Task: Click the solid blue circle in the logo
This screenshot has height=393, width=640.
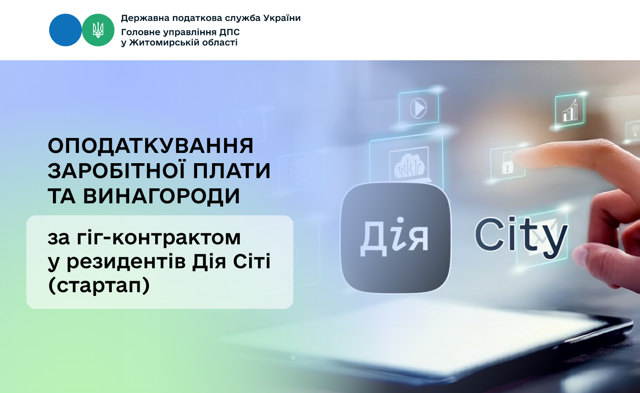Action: [65, 30]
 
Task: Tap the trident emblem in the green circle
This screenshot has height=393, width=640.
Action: [98, 30]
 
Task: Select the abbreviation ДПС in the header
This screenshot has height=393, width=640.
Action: [230, 32]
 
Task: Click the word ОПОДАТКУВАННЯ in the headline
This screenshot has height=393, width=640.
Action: [151, 146]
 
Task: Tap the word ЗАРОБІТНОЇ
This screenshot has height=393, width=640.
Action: [116, 170]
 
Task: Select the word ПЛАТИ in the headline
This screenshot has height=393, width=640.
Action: [231, 171]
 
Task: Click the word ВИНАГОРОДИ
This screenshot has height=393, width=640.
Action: [161, 196]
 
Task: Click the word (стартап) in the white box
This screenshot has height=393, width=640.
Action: [99, 285]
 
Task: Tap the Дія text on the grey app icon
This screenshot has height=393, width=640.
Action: [394, 237]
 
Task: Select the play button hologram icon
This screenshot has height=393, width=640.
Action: [418, 108]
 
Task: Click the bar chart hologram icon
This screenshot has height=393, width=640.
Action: [570, 111]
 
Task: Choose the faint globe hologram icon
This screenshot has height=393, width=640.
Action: [301, 171]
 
